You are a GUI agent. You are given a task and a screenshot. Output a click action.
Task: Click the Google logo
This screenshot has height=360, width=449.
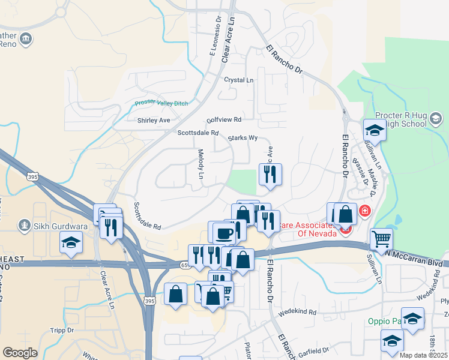[20, 353]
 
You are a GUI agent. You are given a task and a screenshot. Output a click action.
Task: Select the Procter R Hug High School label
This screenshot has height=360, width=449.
[408, 119]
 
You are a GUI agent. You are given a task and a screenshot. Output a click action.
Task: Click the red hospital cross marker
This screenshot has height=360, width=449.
[364, 211]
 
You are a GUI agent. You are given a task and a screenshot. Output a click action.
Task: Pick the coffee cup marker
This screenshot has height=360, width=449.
[223, 233]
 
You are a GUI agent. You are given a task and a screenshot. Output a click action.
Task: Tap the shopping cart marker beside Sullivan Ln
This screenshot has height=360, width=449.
[381, 239]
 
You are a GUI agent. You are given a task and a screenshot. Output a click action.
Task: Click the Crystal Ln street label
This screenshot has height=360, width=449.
[238, 80]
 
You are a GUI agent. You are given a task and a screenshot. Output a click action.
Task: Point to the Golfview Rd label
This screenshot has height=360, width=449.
[223, 119]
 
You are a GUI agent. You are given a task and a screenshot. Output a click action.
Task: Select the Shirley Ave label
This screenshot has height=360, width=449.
[154, 120]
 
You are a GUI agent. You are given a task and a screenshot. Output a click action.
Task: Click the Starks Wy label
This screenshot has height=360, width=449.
[243, 138]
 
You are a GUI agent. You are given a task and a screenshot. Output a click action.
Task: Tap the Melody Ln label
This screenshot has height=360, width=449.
[201, 164]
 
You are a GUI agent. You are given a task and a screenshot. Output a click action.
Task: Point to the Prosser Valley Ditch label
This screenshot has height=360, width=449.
[161, 103]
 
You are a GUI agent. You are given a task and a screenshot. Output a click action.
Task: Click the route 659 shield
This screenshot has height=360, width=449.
[185, 265]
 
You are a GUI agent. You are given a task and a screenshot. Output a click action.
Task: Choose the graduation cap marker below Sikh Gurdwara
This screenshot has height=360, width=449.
[71, 243]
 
